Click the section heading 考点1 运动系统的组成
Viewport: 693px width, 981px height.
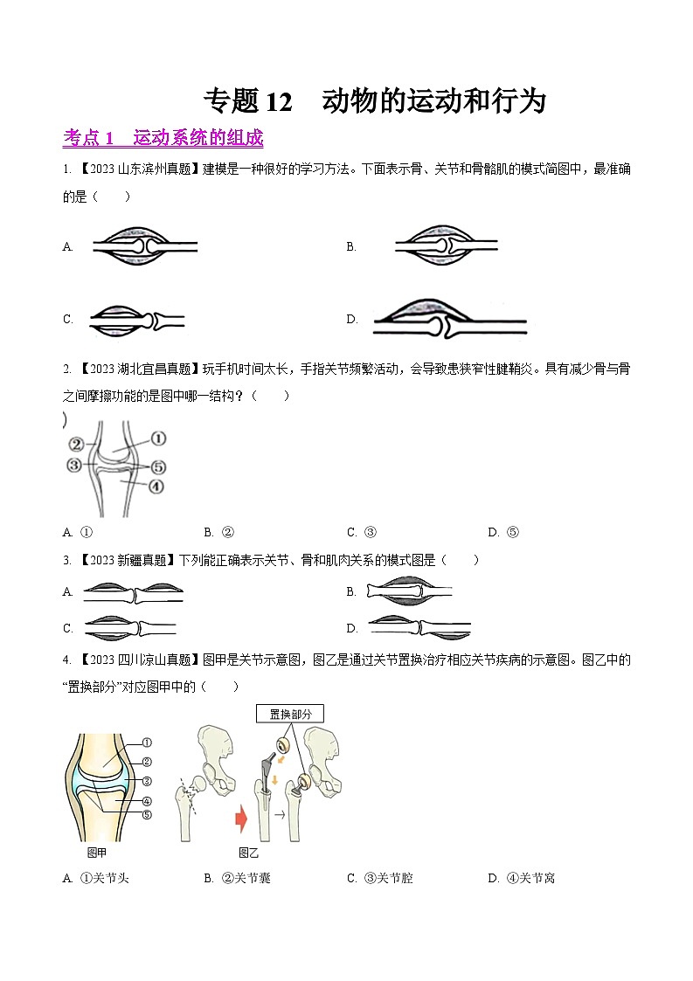tap(163, 138)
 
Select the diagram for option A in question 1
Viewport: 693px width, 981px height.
tap(145, 247)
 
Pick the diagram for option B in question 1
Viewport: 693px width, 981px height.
tap(447, 247)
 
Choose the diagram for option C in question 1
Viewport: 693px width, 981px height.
tap(136, 321)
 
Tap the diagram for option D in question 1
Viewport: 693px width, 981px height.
tap(448, 321)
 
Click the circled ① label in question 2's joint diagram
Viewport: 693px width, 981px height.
tap(158, 438)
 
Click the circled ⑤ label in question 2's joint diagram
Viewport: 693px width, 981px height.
tap(158, 466)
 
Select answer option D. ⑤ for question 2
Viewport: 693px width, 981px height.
tap(503, 532)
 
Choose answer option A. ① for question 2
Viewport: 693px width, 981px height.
tap(79, 532)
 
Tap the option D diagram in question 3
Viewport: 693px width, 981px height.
tap(420, 627)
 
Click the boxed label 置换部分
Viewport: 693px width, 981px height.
tap(289, 714)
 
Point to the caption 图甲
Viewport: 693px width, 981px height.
tap(97, 853)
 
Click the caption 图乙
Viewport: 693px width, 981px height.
tap(249, 853)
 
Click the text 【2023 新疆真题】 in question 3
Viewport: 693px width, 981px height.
tap(125, 560)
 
